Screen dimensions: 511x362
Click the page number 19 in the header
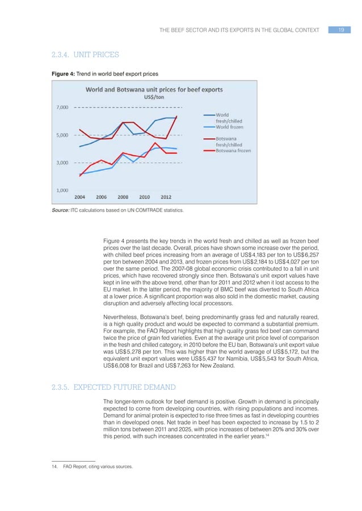341,29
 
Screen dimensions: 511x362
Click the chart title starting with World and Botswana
154,90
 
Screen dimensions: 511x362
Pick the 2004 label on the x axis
80,197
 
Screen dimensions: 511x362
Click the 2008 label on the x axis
123,197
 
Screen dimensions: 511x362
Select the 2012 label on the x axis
166,197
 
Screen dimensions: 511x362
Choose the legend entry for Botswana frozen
233,151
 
